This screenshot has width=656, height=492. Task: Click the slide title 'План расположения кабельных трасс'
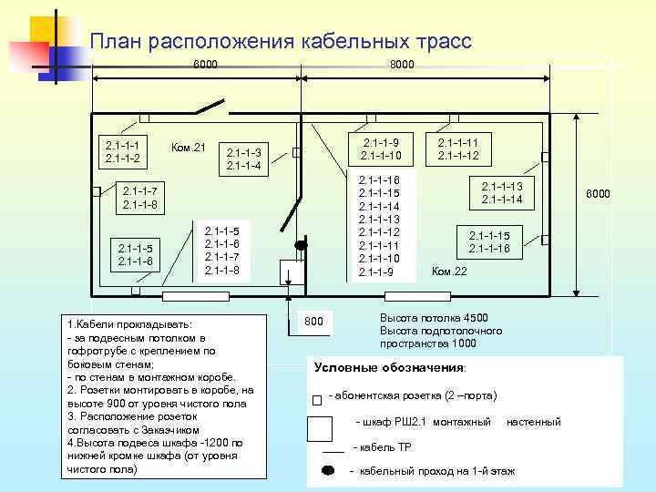click(281, 41)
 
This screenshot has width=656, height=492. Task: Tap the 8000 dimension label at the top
click(401, 65)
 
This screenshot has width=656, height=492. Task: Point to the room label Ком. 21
click(189, 148)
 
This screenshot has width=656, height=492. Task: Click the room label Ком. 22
click(448, 272)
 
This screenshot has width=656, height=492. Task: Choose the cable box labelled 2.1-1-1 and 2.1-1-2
click(122, 152)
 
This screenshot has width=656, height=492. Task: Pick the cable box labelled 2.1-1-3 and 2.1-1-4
click(243, 159)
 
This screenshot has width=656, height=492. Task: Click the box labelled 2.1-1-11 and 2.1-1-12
click(457, 148)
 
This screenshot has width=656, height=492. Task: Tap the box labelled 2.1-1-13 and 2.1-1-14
click(501, 192)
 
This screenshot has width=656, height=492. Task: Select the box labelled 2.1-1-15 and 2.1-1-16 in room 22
click(489, 241)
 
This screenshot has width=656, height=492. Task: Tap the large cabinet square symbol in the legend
click(321, 427)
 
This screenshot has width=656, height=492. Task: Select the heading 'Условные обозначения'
click(389, 368)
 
